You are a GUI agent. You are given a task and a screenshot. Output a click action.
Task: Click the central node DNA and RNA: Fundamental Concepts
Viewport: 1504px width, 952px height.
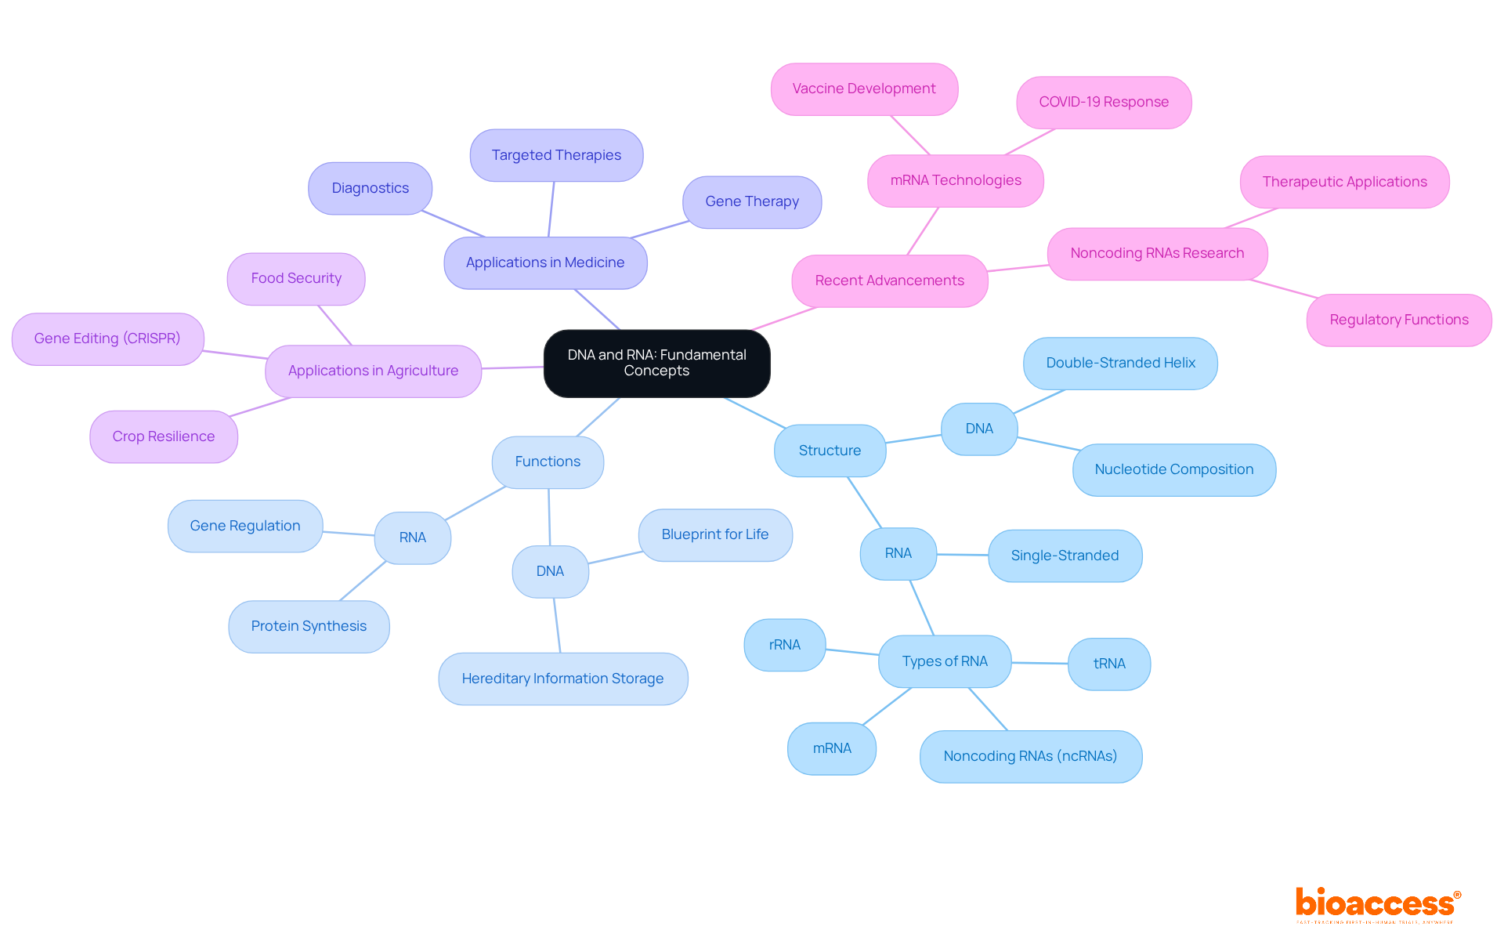[x=656, y=363]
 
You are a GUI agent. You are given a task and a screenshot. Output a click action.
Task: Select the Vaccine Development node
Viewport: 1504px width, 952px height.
[x=863, y=89]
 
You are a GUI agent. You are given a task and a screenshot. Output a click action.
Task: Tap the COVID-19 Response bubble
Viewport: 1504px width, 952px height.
[x=1103, y=103]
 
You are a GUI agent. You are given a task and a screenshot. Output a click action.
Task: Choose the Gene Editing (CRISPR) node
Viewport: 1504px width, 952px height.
[x=107, y=338]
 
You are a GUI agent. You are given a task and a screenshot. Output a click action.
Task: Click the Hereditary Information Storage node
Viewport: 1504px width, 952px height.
[x=562, y=679]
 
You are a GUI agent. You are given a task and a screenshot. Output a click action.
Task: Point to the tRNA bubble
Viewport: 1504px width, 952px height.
[x=1108, y=664]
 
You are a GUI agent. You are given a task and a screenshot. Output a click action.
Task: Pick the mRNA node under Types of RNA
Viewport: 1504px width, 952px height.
[x=831, y=748]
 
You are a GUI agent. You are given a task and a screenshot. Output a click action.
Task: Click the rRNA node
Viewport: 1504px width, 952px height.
[x=784, y=645]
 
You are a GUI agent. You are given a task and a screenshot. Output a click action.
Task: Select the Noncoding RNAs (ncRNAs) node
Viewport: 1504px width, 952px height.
[x=1030, y=756]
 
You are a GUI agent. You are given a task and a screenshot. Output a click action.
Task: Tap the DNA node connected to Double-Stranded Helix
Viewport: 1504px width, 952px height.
[x=978, y=429]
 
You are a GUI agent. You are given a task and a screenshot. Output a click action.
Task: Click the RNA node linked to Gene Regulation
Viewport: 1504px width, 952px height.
[x=412, y=538]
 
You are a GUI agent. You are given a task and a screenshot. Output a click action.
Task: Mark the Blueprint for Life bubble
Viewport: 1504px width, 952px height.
[x=714, y=534]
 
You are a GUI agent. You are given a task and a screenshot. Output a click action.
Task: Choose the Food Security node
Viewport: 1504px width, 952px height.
[x=296, y=278]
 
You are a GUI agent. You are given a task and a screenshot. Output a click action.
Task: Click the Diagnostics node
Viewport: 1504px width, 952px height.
[x=370, y=188]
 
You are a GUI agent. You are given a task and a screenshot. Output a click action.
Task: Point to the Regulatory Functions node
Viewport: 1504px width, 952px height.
[x=1398, y=320]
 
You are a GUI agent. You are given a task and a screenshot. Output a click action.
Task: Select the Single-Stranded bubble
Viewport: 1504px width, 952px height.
[x=1065, y=556]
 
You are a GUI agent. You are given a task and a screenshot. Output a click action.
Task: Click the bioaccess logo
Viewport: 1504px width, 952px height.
[x=1377, y=903]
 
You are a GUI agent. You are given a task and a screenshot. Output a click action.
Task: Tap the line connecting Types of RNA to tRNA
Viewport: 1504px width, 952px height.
[x=1039, y=663]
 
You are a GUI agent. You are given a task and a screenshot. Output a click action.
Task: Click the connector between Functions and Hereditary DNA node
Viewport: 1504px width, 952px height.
[x=549, y=517]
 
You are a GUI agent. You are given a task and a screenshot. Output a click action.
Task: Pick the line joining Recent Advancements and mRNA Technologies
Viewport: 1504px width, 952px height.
[x=923, y=231]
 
